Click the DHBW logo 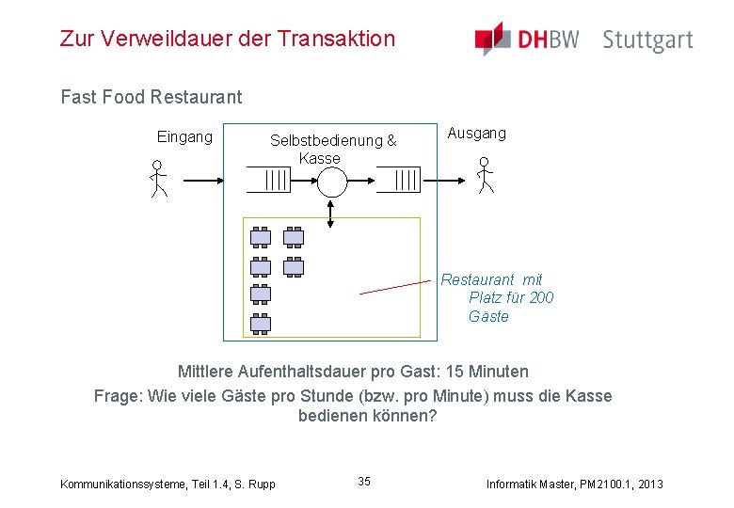[527, 39]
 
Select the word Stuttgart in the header [647, 40]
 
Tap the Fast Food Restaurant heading [151, 96]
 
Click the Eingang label [184, 136]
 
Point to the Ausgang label [476, 133]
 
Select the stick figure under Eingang [158, 179]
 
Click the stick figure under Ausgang [485, 175]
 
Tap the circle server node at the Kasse [331, 181]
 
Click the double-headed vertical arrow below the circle [330, 214]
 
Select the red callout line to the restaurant [395, 287]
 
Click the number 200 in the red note [541, 297]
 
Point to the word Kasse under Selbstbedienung [319, 158]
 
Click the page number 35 [364, 482]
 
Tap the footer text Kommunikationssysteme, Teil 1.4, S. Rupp [168, 484]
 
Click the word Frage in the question [118, 395]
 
